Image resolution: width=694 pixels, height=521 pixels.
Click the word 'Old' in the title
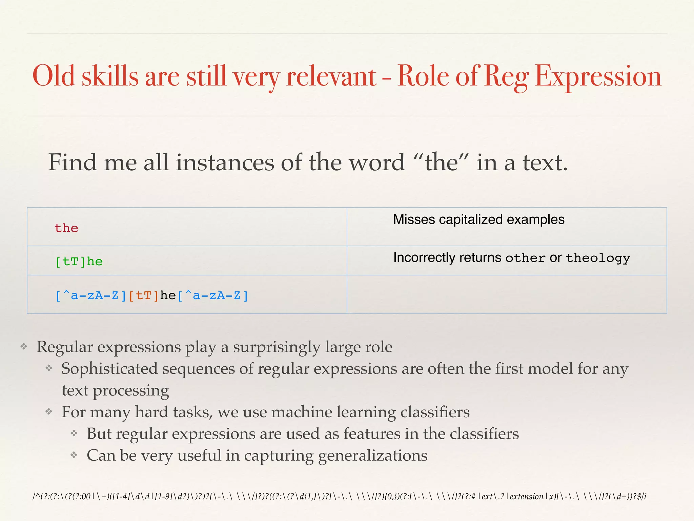pyautogui.click(x=53, y=76)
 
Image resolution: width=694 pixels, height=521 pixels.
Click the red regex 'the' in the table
pyautogui.click(x=66, y=228)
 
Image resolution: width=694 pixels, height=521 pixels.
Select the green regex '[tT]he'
pyautogui.click(x=79, y=262)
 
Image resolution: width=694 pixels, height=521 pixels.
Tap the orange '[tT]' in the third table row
pyautogui.click(x=144, y=296)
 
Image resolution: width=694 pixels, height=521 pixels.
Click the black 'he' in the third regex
pyautogui.click(x=168, y=295)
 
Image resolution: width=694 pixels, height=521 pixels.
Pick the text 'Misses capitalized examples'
pyautogui.click(x=478, y=219)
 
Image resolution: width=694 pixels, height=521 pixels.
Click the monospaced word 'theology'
pyautogui.click(x=598, y=258)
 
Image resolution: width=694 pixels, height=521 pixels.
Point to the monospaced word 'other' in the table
pyautogui.click(x=525, y=258)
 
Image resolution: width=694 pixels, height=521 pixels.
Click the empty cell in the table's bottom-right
pyautogui.click(x=507, y=294)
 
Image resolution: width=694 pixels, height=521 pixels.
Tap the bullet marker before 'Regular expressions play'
pyautogui.click(x=24, y=347)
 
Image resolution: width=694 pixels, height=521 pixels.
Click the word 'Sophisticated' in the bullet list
pyautogui.click(x=109, y=369)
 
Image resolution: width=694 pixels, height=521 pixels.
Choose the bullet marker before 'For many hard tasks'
pyautogui.click(x=49, y=412)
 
